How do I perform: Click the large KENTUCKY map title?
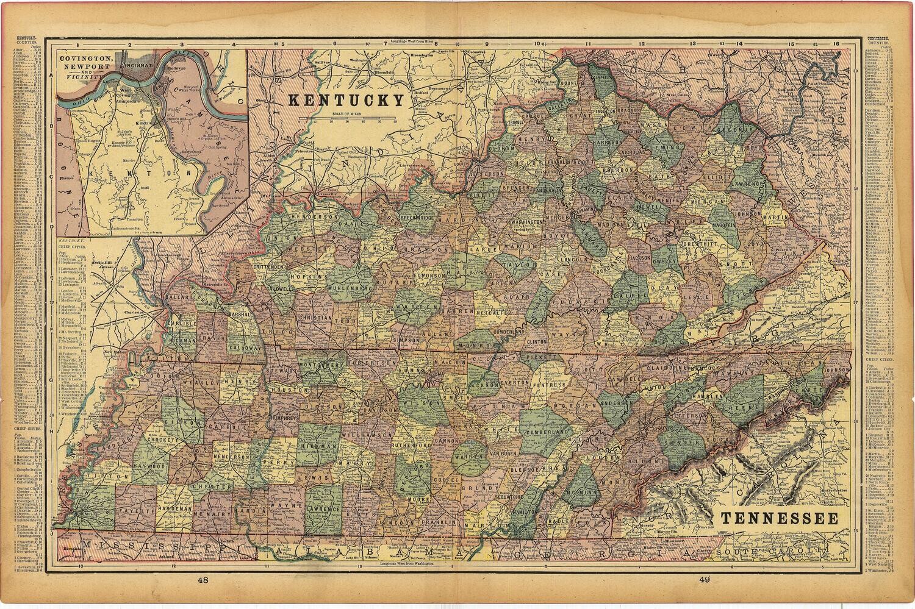tap(346, 99)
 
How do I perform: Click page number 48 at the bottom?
tap(203, 581)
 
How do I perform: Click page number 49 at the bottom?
tap(704, 581)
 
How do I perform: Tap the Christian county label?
tap(316, 318)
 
